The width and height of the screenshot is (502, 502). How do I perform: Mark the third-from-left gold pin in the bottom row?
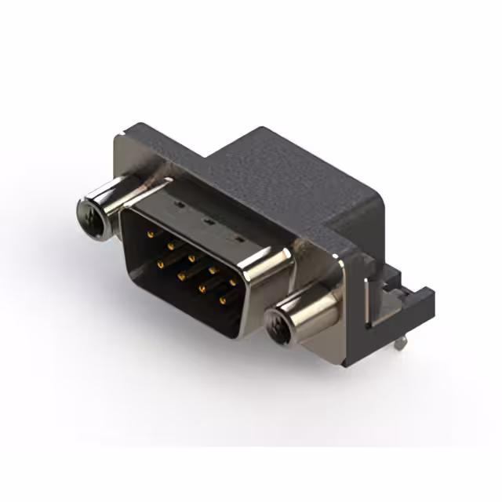click(202, 288)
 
